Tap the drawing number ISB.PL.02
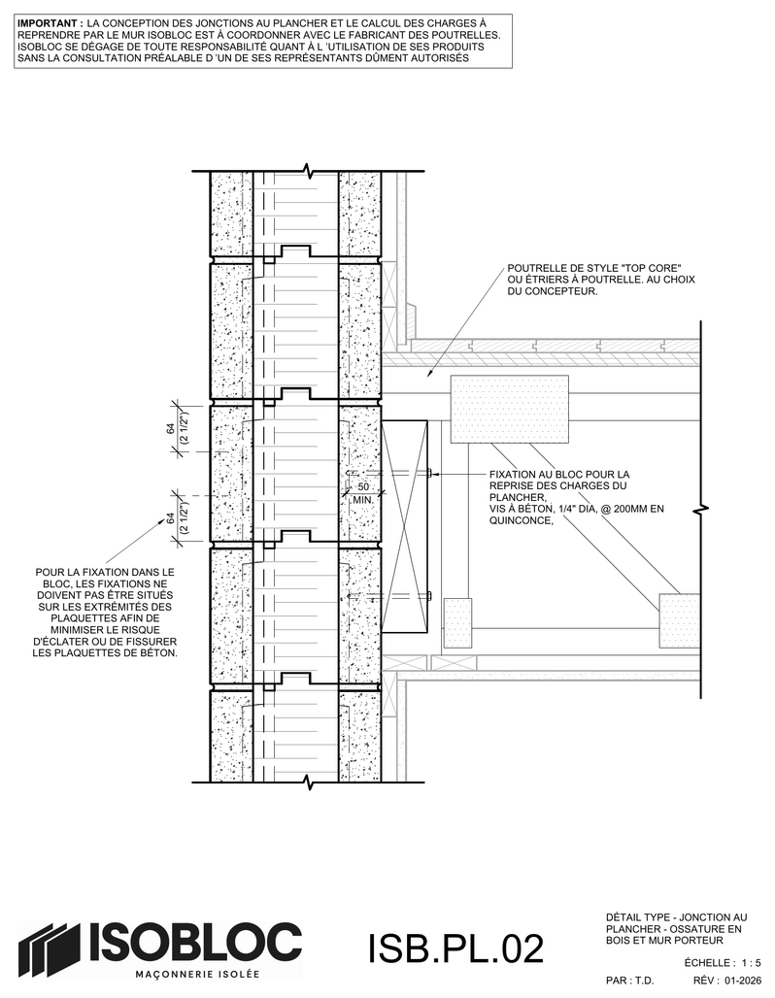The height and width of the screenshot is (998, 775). [x=455, y=948]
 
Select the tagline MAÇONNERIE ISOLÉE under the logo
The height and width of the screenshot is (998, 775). [x=198, y=975]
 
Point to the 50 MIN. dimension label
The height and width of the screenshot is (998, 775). [x=363, y=492]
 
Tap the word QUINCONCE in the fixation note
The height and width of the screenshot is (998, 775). [x=519, y=520]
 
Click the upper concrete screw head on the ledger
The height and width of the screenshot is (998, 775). [x=430, y=472]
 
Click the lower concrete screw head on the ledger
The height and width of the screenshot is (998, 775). [x=430, y=596]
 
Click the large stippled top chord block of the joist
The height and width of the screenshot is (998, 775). [x=510, y=410]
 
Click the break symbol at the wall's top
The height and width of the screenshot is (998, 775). [x=309, y=171]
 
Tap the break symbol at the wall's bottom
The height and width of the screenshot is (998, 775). [x=309, y=781]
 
